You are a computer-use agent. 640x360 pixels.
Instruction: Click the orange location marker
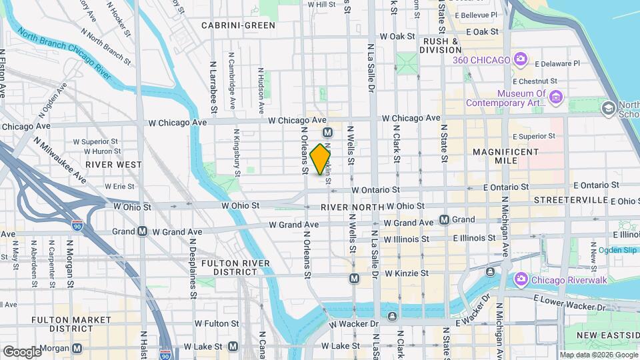click(x=321, y=159)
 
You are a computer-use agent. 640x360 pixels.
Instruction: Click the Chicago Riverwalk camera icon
click(x=521, y=280)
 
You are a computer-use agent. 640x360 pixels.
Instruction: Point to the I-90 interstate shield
click(x=78, y=225)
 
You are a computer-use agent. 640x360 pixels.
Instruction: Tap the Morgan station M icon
click(x=78, y=348)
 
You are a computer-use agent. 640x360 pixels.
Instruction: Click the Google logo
click(x=21, y=351)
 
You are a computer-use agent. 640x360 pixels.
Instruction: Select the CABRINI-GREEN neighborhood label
click(x=238, y=25)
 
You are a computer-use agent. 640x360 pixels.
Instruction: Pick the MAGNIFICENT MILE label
click(x=505, y=157)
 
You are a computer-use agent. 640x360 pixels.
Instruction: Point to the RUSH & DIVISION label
click(x=442, y=45)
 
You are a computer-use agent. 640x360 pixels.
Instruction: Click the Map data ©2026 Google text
click(x=598, y=355)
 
